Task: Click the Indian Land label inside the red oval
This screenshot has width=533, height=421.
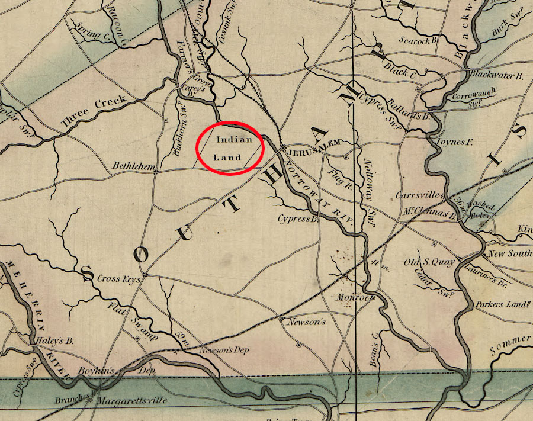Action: click(228, 148)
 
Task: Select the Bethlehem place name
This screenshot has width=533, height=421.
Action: click(132, 167)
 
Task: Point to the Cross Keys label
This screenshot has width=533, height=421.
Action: click(118, 278)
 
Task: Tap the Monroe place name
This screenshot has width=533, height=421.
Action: click(354, 297)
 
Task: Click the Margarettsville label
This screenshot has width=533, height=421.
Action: click(133, 400)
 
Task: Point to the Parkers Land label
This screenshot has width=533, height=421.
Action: click(502, 305)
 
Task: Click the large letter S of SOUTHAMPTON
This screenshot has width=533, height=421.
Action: click(88, 274)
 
